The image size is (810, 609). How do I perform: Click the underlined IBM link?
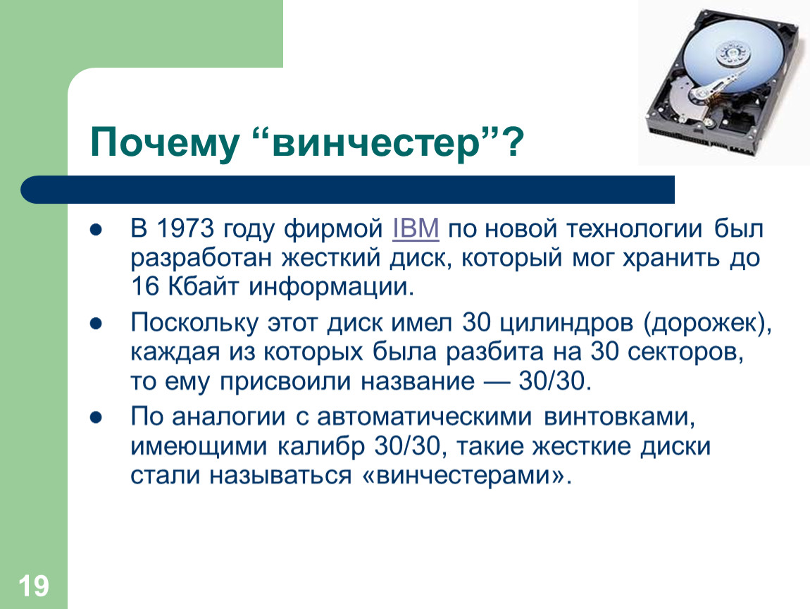click(416, 228)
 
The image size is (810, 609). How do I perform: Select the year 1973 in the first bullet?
click(185, 228)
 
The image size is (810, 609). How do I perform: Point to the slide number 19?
click(34, 586)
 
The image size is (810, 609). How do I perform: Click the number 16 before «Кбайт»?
click(144, 286)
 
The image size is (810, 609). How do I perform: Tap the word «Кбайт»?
click(204, 286)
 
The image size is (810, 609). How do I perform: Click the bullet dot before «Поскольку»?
click(96, 324)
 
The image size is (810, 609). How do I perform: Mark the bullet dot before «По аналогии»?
click(96, 417)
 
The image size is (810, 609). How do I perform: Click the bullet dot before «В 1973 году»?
click(96, 230)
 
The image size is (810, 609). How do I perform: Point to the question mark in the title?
click(513, 143)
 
